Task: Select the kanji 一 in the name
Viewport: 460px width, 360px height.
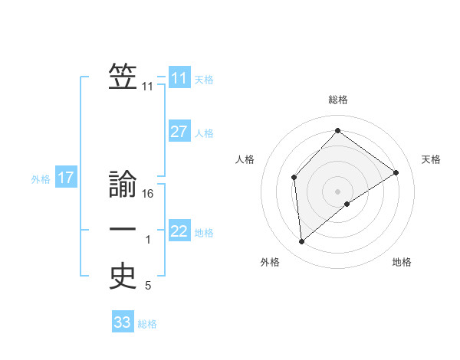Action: [123, 229]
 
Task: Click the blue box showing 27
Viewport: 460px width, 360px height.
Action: [179, 132]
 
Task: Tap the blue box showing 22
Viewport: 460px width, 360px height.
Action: [179, 231]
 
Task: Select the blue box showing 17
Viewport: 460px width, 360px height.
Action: [65, 178]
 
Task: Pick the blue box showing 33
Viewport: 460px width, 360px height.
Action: [123, 322]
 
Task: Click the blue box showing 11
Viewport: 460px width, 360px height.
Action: [179, 78]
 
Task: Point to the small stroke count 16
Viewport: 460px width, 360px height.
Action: [149, 194]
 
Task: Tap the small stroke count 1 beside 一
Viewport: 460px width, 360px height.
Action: [148, 240]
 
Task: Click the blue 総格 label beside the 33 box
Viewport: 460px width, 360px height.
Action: [147, 324]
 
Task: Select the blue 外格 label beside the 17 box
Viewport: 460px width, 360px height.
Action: [41, 179]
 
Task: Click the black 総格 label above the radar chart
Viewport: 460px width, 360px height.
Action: [338, 100]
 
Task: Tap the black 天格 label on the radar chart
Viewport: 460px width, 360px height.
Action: [431, 159]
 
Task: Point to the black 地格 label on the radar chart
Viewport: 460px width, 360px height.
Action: [402, 262]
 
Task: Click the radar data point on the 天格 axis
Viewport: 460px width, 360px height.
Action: [396, 172]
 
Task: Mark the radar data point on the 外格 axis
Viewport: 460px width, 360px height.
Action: [302, 242]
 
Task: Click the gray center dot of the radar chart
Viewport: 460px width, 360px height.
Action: [337, 191]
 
